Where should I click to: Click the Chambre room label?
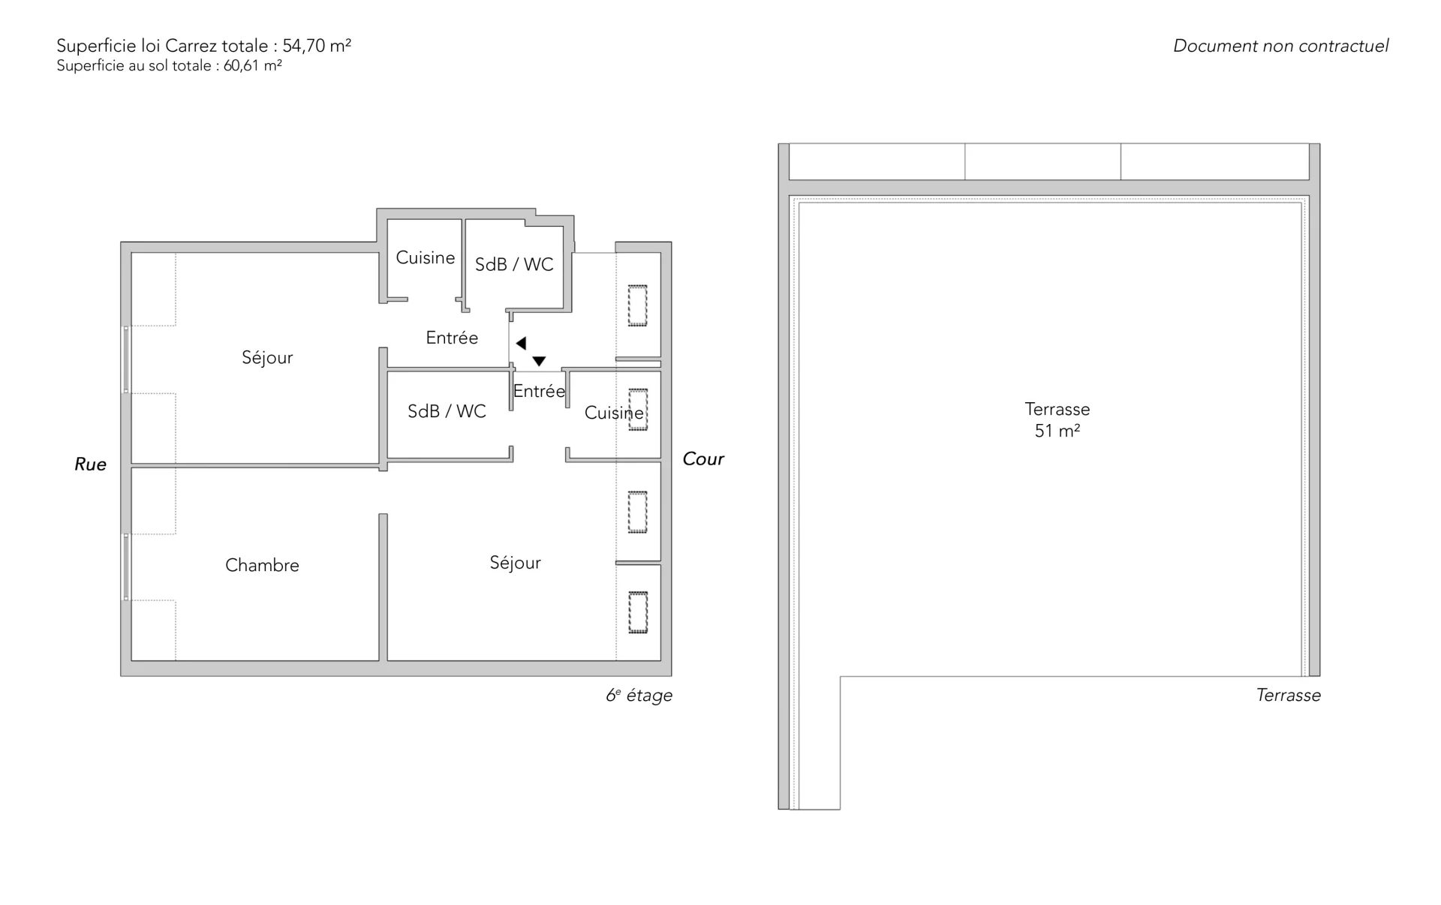[x=262, y=565]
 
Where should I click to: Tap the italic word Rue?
[x=90, y=465]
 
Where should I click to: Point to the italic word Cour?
[x=703, y=459]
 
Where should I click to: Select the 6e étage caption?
[x=639, y=696]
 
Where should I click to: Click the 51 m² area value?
[x=1057, y=431]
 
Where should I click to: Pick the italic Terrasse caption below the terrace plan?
[x=1289, y=696]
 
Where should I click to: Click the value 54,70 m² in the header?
[x=317, y=46]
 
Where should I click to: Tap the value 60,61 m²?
[x=252, y=66]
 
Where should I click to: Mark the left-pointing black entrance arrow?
[x=521, y=344]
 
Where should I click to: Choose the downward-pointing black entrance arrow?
[x=539, y=362]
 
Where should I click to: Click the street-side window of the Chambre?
[x=126, y=567]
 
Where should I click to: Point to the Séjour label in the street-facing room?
[x=267, y=358]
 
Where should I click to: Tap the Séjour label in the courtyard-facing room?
[x=515, y=563]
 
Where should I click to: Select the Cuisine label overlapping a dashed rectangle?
[x=614, y=413]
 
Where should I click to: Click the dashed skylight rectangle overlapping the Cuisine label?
[x=638, y=410]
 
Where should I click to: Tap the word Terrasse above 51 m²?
[x=1057, y=409]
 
